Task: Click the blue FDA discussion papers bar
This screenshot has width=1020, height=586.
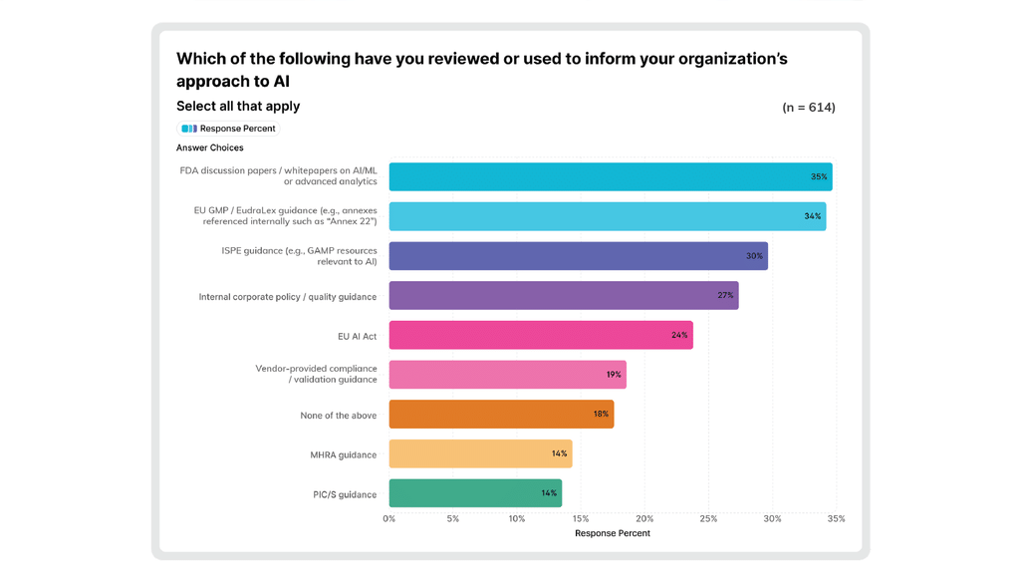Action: [611, 176]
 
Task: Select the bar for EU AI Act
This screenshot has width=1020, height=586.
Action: [541, 335]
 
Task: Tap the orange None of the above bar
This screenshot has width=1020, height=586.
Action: [501, 415]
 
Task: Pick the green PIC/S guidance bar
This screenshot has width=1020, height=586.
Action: [475, 493]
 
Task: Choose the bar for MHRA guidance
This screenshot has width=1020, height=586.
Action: [480, 453]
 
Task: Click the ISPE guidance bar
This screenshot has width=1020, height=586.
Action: [579, 256]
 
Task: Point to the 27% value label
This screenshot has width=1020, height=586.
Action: [725, 296]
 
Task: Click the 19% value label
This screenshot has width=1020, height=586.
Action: [614, 375]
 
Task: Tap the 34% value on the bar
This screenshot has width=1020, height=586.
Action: [813, 216]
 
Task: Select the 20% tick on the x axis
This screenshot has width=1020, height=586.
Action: [644, 519]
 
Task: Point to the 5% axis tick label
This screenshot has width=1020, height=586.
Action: [453, 519]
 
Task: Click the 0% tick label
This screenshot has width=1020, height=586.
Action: [389, 519]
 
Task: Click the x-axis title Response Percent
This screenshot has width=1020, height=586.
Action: [613, 533]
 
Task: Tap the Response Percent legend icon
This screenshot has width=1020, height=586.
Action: [189, 129]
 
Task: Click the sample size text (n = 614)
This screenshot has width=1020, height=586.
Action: [809, 108]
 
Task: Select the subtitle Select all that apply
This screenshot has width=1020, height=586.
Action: [238, 106]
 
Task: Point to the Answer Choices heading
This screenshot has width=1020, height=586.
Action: [209, 147]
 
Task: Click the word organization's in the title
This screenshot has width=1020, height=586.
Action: [733, 59]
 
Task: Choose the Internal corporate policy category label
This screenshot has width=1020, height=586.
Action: [288, 297]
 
